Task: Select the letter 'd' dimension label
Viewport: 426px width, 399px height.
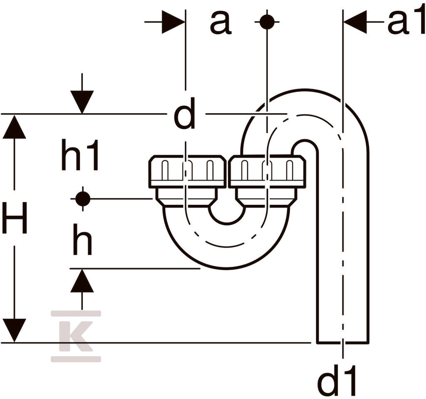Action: tap(184, 113)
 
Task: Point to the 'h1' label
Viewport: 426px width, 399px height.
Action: tap(79, 155)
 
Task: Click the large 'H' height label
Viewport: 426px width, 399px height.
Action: tap(14, 218)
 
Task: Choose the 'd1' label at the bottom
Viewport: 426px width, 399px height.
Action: tap(337, 381)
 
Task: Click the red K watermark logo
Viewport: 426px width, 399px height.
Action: tap(76, 336)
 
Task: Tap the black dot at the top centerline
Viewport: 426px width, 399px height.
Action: tap(267, 22)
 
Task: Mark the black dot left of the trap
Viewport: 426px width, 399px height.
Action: tap(83, 199)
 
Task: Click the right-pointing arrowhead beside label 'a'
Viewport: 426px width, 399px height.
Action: tap(173, 22)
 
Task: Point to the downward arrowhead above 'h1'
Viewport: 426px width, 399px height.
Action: tap(82, 102)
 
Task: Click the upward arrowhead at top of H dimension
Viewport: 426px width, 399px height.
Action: tap(14, 126)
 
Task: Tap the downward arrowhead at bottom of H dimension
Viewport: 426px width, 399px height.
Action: tap(14, 330)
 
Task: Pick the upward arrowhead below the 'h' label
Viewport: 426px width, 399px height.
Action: tap(82, 281)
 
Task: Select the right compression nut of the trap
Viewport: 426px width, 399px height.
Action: tap(267, 171)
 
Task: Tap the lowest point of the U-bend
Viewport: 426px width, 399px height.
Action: tap(227, 269)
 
